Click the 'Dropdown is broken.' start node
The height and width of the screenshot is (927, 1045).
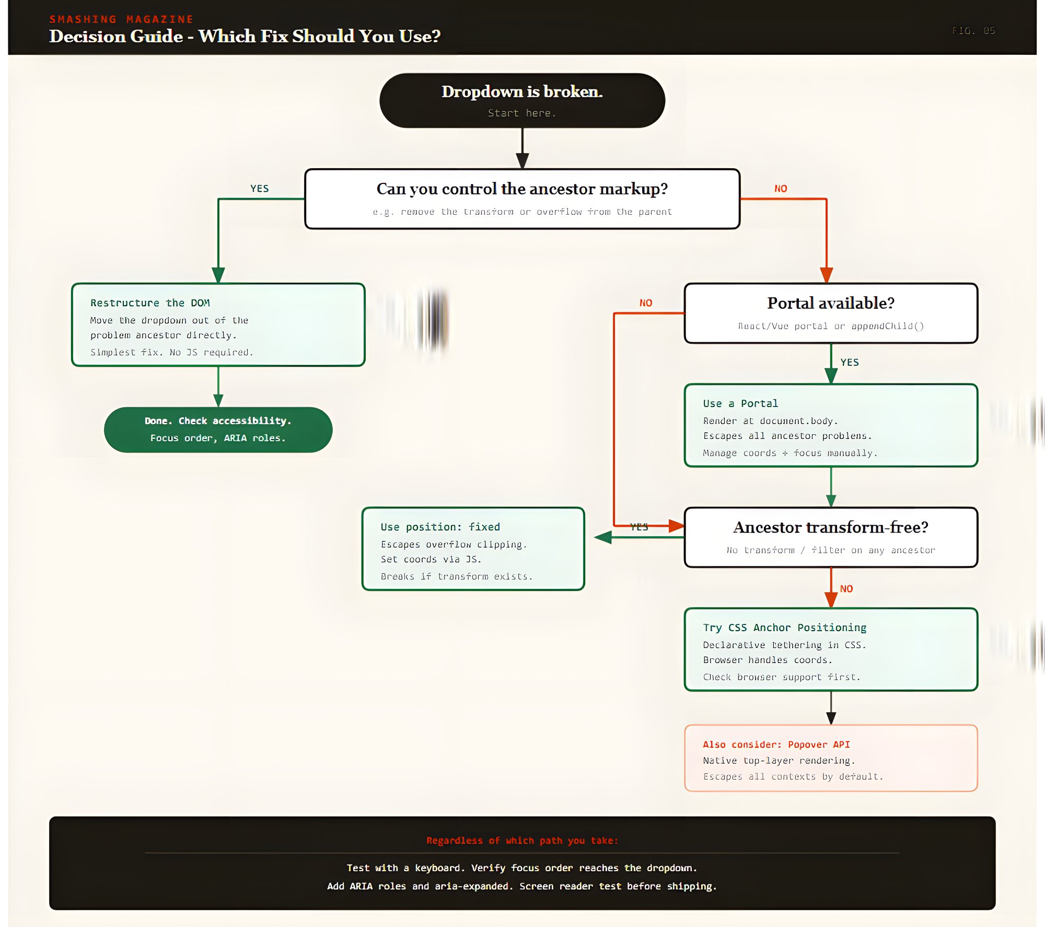click(x=522, y=100)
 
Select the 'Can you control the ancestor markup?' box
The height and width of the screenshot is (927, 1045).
click(x=522, y=199)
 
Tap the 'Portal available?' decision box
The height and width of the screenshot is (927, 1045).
click(x=831, y=313)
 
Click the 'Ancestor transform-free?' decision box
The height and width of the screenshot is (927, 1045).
click(x=831, y=537)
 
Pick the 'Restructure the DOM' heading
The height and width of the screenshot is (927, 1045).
click(x=150, y=303)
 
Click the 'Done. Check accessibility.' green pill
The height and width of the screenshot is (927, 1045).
click(x=218, y=430)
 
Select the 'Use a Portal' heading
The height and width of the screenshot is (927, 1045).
click(x=740, y=403)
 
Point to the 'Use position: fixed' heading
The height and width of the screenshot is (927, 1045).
click(x=440, y=527)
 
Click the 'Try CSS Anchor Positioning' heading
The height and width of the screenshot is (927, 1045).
click(x=784, y=628)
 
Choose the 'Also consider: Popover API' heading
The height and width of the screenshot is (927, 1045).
click(x=776, y=745)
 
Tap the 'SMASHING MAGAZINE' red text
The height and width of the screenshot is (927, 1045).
click(x=121, y=19)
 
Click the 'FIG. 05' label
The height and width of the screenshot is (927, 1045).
click(x=973, y=31)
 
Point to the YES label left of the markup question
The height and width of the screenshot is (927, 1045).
click(x=259, y=189)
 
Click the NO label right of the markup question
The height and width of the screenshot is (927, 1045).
click(x=781, y=189)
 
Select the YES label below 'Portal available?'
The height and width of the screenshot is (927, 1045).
click(x=850, y=362)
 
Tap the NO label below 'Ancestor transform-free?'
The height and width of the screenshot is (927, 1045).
click(x=846, y=589)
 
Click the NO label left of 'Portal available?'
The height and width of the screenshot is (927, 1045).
click(x=646, y=303)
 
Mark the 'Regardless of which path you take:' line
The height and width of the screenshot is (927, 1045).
click(x=522, y=840)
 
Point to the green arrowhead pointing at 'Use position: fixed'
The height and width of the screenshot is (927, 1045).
click(x=603, y=537)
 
